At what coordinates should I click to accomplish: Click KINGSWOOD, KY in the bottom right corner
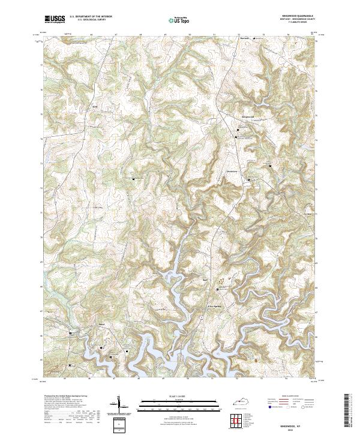300,424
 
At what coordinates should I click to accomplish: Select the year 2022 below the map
300,429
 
